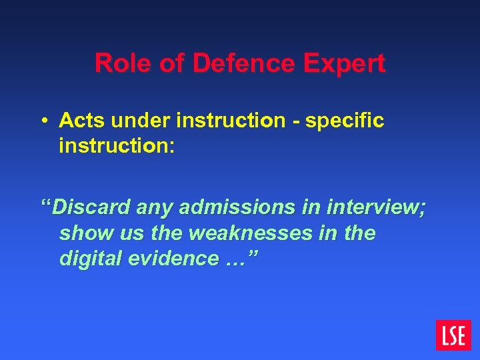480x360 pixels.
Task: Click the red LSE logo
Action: point(453,335)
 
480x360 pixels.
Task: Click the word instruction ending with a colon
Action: point(117,145)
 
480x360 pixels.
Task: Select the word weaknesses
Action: point(256,233)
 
